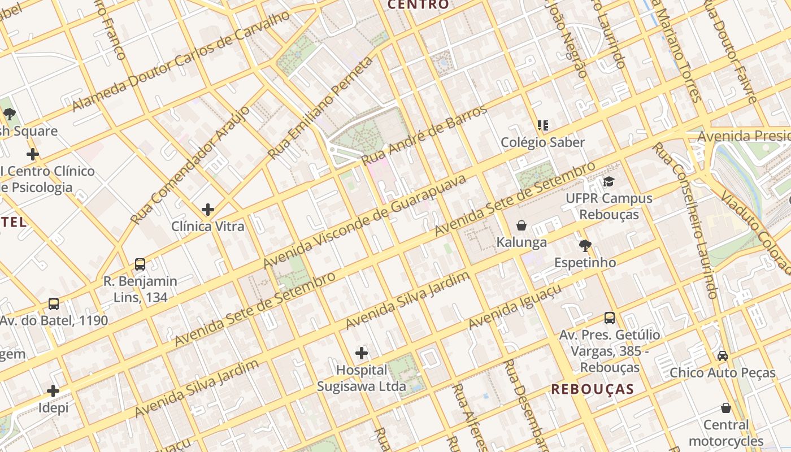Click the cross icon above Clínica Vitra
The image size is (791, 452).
(x=208, y=210)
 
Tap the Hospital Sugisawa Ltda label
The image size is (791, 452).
(x=362, y=379)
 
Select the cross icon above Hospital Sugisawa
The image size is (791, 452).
(x=362, y=354)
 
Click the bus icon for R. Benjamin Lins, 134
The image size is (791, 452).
(x=140, y=264)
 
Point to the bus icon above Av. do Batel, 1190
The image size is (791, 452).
(x=54, y=304)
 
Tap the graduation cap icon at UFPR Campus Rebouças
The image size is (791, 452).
(x=609, y=181)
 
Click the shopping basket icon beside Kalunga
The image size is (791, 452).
(x=521, y=225)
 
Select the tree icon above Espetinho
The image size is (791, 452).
(x=585, y=245)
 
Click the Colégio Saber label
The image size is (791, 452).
(x=543, y=142)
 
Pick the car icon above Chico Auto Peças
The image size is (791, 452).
(x=723, y=355)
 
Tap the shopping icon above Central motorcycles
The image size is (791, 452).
(x=726, y=408)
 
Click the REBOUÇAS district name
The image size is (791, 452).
(x=593, y=389)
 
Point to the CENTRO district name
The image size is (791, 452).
(x=419, y=5)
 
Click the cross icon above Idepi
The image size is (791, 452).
(x=53, y=391)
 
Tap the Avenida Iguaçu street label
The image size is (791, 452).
(x=515, y=307)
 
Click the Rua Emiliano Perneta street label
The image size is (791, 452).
(x=320, y=108)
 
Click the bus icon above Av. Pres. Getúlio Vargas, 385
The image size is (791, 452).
(x=610, y=318)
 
